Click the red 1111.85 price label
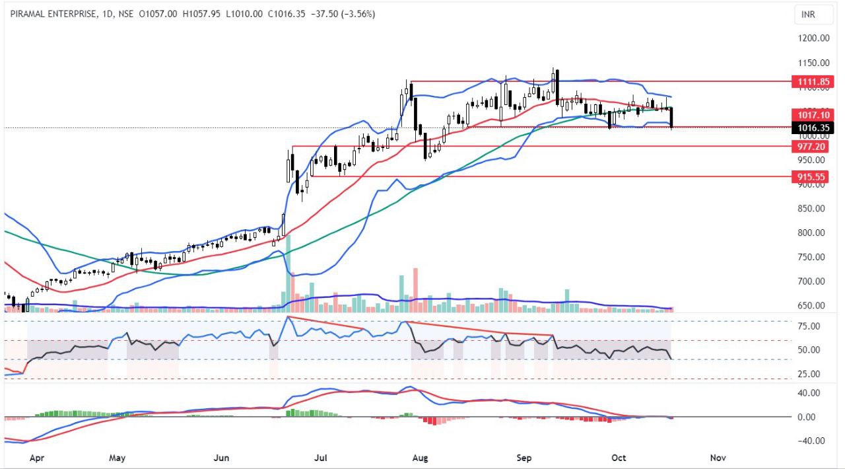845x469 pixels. coord(811,82)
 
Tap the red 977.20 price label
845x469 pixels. coord(811,147)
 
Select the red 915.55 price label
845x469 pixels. coord(811,177)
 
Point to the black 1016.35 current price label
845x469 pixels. coord(811,127)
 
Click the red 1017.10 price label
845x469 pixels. coord(811,116)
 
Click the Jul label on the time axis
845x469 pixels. coord(321,457)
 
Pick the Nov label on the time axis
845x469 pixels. coord(717,457)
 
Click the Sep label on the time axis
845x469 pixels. coord(524,457)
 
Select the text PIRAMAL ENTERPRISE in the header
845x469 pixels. coord(53,14)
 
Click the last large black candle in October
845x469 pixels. coord(671,117)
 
